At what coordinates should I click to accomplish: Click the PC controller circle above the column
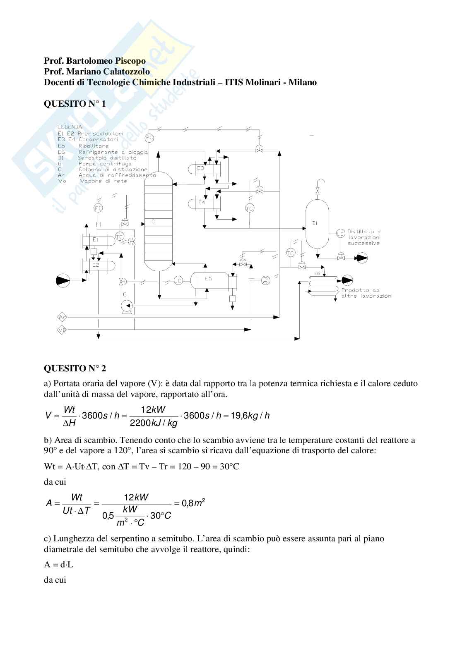[150, 137]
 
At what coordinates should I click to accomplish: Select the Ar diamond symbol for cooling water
[63, 317]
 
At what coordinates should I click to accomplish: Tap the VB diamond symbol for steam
[63, 330]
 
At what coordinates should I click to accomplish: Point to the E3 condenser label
[200, 168]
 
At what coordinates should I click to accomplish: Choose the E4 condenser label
[202, 203]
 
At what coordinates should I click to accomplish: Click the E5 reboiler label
[209, 279]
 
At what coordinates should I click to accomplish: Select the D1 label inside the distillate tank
[315, 223]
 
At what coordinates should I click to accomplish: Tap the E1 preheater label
[95, 239]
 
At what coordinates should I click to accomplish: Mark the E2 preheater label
[95, 265]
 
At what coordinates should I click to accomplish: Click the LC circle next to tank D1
[340, 233]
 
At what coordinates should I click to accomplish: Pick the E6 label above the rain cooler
[317, 273]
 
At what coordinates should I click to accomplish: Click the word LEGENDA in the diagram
[70, 127]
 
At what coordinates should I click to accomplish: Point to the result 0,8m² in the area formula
[193, 503]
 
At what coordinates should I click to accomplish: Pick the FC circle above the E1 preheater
[98, 208]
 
